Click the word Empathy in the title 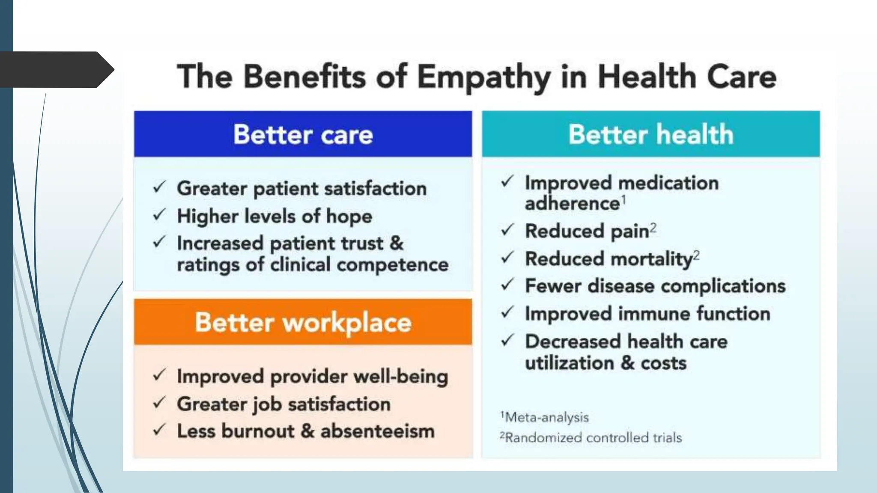tap(483, 77)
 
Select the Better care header tap(303, 134)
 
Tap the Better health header tap(651, 134)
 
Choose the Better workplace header tap(303, 322)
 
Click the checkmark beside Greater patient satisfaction tap(159, 187)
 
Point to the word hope tap(349, 217)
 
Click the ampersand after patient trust tap(397, 243)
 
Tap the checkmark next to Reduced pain tap(507, 230)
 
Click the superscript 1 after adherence tap(624, 199)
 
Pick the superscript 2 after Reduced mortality tap(696, 255)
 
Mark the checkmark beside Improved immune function tap(507, 313)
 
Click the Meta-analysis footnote tap(545, 417)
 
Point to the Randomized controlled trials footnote tap(591, 438)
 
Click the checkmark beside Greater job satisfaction tap(159, 403)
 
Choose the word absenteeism tap(377, 431)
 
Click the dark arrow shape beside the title tap(56, 70)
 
